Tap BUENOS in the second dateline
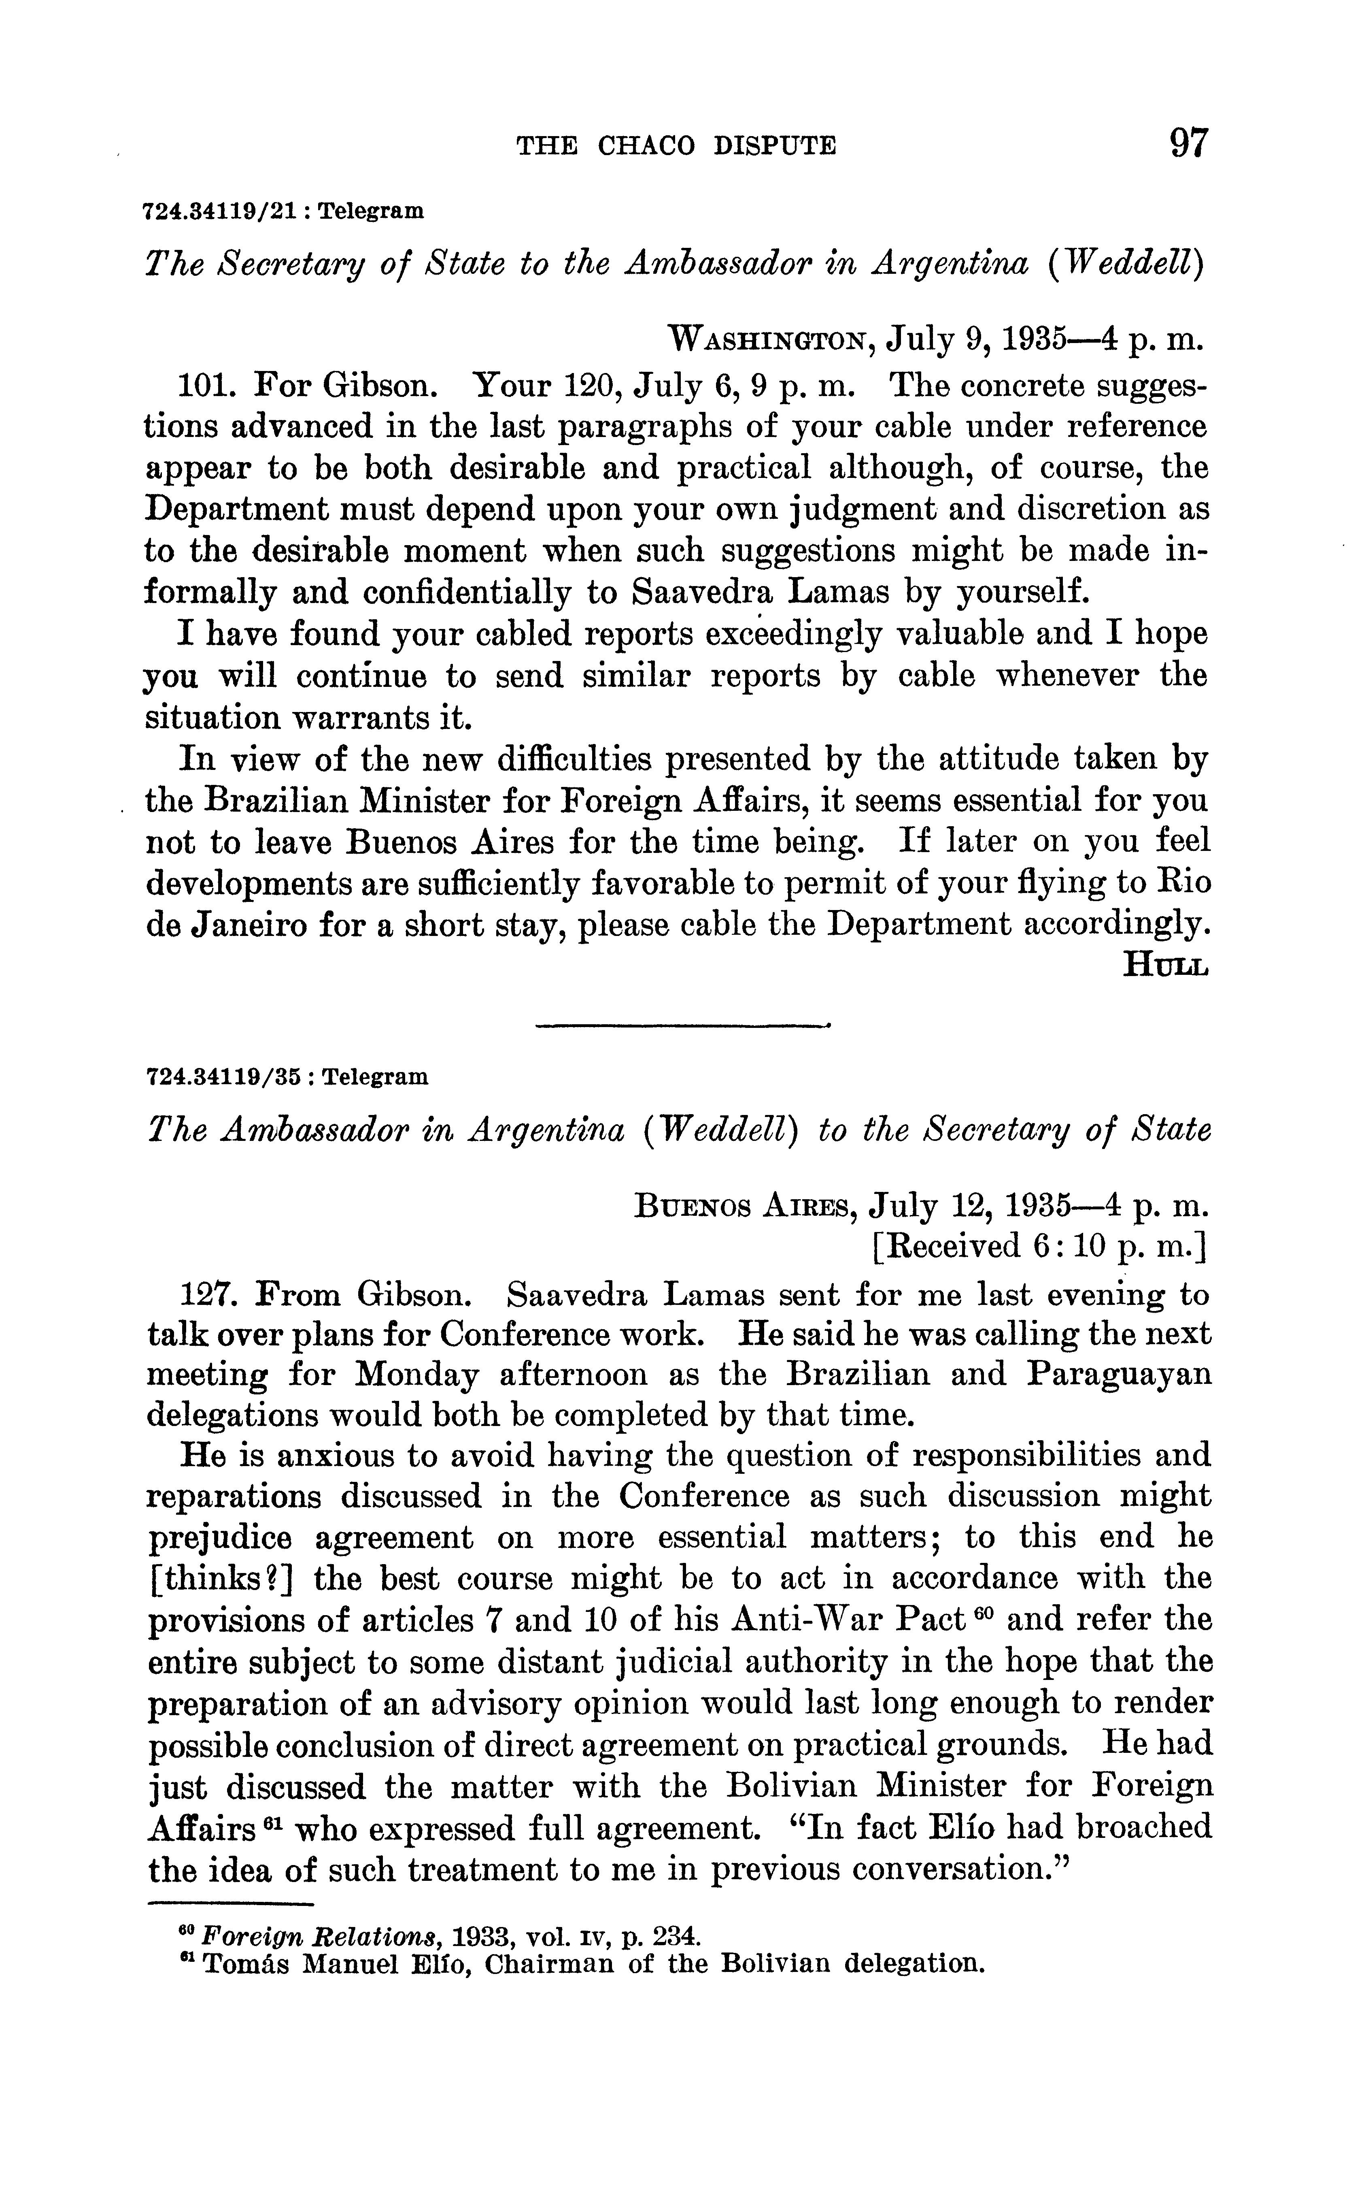(x=688, y=1206)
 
